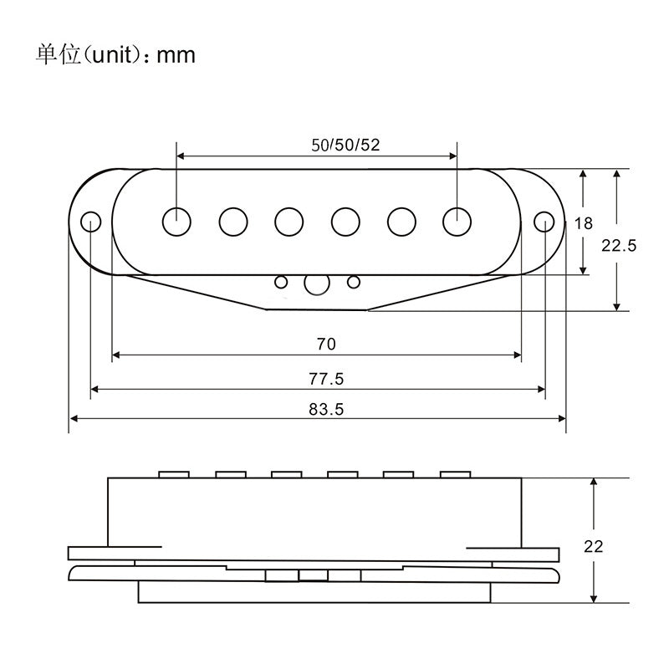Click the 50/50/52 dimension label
point(345,145)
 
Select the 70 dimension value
point(326,344)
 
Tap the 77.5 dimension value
point(326,379)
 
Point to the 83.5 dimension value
point(326,410)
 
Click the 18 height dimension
point(583,223)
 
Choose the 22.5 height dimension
point(619,245)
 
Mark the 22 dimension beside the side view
point(593,547)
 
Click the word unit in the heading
point(111,55)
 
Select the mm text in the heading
point(176,56)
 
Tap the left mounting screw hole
point(91,222)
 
